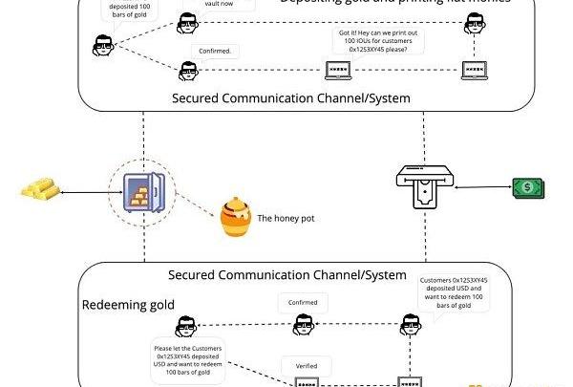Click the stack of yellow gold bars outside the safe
click(x=38, y=189)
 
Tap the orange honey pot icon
click(x=235, y=217)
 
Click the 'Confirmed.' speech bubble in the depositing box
click(x=217, y=50)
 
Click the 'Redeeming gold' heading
click(x=127, y=305)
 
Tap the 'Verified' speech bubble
click(x=306, y=364)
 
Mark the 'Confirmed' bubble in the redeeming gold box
click(x=302, y=303)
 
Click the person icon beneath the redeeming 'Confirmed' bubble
click(x=302, y=327)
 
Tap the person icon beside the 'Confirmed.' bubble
click(x=188, y=69)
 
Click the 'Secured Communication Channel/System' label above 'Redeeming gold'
click(x=287, y=275)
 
